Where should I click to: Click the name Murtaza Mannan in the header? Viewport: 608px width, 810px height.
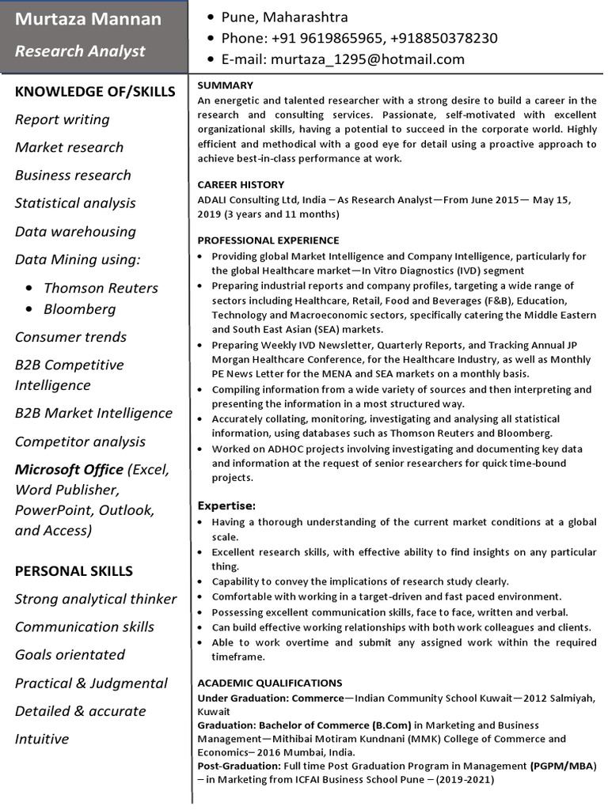88,19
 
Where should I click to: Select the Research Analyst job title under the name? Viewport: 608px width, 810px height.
80,51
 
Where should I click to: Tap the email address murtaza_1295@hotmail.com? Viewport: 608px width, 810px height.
367,59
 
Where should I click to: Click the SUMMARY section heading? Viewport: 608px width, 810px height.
225,85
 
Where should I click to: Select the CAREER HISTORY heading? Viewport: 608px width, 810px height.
241,185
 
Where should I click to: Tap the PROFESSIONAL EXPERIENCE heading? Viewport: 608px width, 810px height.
268,240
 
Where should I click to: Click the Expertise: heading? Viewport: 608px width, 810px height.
226,505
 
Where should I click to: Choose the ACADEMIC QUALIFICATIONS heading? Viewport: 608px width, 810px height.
269,683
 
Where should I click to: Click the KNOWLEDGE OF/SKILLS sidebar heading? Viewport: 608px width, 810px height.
95,92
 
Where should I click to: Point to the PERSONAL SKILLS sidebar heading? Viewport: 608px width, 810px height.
74,571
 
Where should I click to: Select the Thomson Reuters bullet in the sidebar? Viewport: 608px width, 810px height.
101,288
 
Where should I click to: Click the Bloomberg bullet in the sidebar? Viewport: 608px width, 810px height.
79,309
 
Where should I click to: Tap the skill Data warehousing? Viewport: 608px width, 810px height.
75,232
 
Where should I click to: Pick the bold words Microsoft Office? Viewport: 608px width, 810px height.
69,470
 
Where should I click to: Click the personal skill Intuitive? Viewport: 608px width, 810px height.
42,739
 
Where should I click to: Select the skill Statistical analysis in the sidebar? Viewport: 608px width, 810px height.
75,203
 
